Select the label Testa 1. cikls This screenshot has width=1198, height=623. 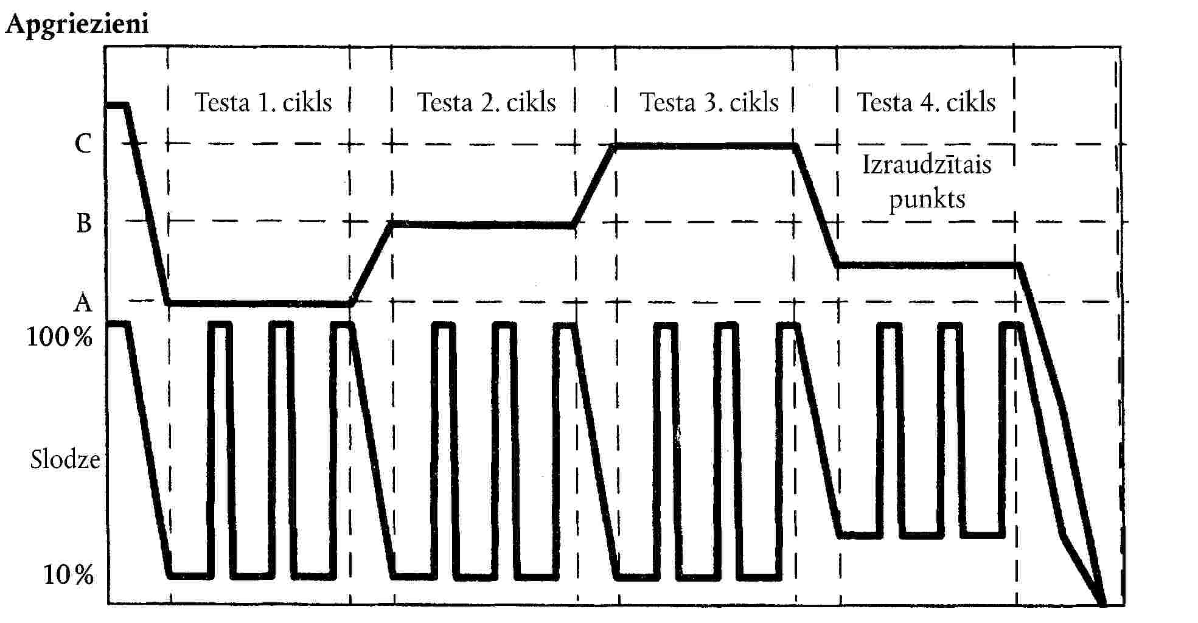tap(263, 102)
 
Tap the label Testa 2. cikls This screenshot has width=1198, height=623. tap(486, 102)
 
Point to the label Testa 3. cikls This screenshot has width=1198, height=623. tap(709, 102)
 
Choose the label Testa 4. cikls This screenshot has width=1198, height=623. tap(926, 102)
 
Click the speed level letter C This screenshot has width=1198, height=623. tap(83, 144)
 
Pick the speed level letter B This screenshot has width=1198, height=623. tap(83, 223)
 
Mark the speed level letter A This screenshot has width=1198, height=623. tap(83, 302)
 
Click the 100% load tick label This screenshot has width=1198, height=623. tap(59, 336)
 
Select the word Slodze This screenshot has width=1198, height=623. tap(65, 459)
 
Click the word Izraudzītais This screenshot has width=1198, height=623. tap(927, 164)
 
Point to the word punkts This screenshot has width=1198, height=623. tap(927, 200)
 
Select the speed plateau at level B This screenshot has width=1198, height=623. tap(482, 225)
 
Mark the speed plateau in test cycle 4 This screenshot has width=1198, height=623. tap(927, 265)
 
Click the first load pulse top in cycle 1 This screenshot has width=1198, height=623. tap(220, 325)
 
